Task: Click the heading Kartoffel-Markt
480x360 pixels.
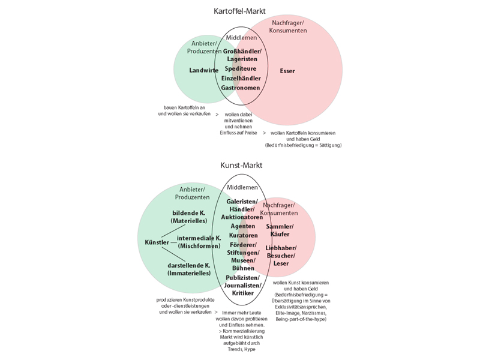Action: coord(240,11)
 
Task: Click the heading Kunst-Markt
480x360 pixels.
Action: coord(240,164)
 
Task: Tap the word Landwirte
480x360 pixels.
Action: coord(203,70)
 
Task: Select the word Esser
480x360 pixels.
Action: coord(287,71)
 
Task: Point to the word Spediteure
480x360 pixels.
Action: coord(240,69)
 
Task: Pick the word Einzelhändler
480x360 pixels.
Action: coord(241,79)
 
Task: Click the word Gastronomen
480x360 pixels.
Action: coord(240,88)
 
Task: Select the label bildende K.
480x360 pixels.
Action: coord(189,214)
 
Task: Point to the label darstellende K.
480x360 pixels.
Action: coord(190,265)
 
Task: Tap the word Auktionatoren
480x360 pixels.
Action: coord(242,217)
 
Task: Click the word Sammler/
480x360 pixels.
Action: coord(280,226)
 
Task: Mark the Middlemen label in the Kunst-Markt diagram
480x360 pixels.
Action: coord(242,187)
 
